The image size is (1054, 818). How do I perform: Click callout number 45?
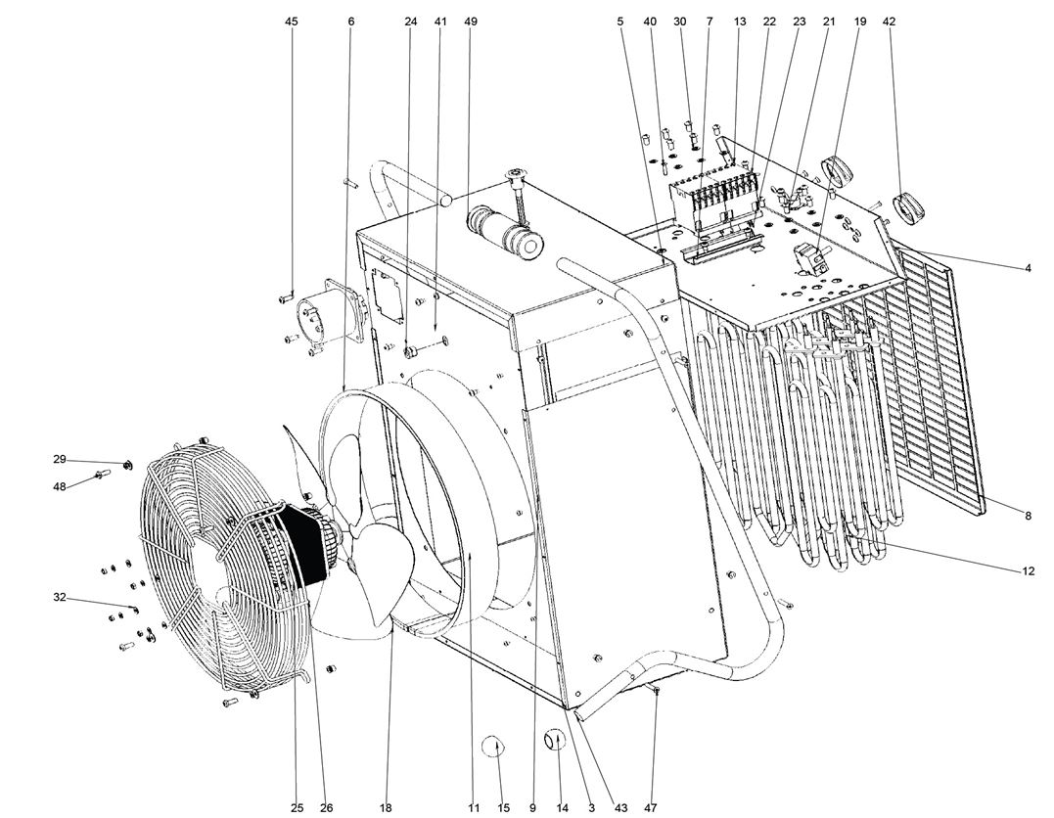click(x=292, y=21)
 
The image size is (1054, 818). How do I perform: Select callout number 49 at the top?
click(x=472, y=21)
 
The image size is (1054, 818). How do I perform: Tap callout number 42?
click(x=889, y=21)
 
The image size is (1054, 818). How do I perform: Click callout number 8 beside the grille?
click(x=1029, y=516)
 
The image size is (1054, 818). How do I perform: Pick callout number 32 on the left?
click(x=60, y=597)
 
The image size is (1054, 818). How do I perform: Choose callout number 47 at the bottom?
click(x=652, y=808)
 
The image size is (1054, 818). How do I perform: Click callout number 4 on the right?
click(x=1029, y=268)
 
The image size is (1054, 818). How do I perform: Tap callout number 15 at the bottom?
click(x=504, y=808)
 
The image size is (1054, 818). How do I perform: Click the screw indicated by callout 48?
click(x=99, y=476)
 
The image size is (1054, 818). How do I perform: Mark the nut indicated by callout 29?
click(x=128, y=464)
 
